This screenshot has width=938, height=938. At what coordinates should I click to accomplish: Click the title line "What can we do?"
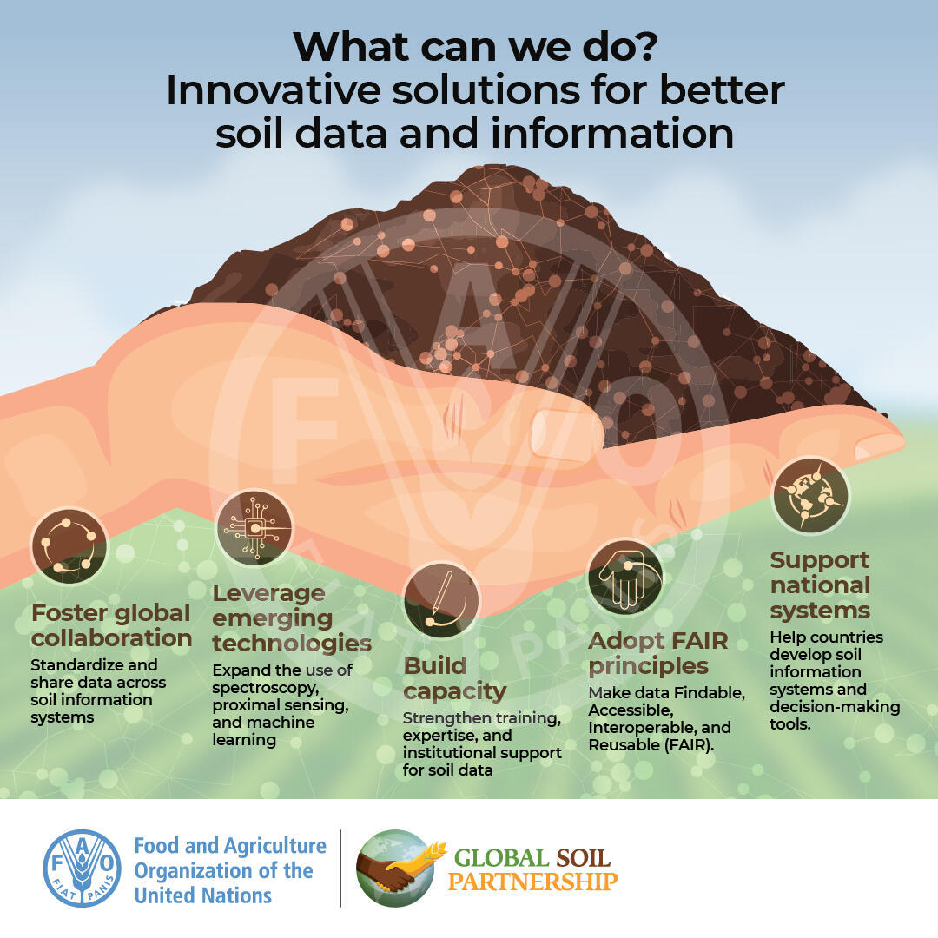point(476,47)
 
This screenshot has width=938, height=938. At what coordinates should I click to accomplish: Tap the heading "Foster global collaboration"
point(111,625)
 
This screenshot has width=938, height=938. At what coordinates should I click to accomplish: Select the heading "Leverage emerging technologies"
point(292,618)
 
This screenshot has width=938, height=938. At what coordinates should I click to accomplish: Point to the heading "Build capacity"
point(454,677)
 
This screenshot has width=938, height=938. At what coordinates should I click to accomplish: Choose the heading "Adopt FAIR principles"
point(658,653)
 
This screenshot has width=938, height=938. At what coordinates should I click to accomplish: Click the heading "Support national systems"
point(820,585)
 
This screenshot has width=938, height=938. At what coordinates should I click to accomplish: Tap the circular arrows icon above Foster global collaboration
point(69,545)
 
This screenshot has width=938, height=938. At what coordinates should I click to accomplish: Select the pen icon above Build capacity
point(441,599)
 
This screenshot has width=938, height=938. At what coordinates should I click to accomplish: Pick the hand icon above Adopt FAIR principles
point(625,578)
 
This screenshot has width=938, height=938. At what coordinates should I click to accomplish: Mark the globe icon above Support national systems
point(810,495)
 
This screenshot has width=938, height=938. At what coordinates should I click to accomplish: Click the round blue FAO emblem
point(82,868)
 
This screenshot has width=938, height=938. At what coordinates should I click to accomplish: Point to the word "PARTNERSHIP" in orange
point(532,882)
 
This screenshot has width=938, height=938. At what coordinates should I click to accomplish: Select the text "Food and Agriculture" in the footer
point(230,846)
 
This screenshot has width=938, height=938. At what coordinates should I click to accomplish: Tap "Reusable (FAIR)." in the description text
point(651,745)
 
